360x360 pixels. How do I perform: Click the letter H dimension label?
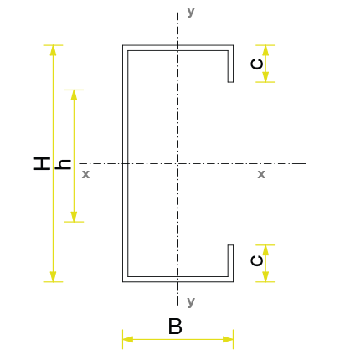click(42, 163)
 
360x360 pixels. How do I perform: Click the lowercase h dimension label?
click(63, 164)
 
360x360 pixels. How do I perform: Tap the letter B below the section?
click(175, 326)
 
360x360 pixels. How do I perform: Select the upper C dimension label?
click(257, 64)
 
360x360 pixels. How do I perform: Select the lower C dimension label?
click(257, 260)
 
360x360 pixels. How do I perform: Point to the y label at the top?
click(191, 12)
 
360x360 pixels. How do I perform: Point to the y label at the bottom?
click(191, 301)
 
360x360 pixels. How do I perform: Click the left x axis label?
click(85, 174)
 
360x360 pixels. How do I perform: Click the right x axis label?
click(261, 174)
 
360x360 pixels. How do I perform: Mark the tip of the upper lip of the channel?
click(230, 82)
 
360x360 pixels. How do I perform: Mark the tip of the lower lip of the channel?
click(230, 245)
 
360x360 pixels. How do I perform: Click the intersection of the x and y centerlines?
click(177, 163)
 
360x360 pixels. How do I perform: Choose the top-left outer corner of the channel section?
click(123, 45)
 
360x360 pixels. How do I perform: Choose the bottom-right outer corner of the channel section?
click(234, 282)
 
